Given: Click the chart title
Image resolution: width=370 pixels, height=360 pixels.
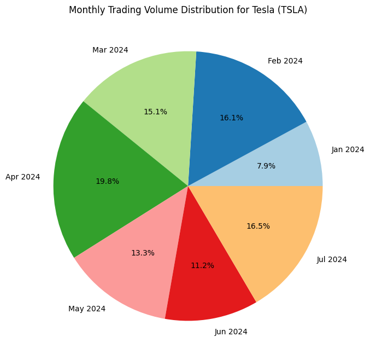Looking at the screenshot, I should (188, 10).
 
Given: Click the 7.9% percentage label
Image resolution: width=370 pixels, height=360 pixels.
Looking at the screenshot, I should (266, 166).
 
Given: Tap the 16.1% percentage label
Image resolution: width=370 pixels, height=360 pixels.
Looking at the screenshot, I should (232, 118).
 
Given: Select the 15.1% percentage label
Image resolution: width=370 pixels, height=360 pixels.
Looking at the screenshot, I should (155, 112).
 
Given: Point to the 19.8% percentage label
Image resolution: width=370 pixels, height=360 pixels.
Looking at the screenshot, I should (107, 181).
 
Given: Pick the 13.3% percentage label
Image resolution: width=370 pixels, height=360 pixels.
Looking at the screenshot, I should (143, 253).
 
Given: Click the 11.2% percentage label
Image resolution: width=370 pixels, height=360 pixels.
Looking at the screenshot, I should (202, 265).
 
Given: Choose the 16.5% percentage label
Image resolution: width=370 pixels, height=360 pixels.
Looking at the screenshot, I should (258, 226).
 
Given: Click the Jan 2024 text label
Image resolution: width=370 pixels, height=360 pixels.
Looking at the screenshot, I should (348, 149).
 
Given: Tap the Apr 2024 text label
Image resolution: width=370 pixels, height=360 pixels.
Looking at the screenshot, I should (22, 177).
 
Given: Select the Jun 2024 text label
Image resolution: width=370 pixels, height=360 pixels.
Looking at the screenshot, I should (231, 332).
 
